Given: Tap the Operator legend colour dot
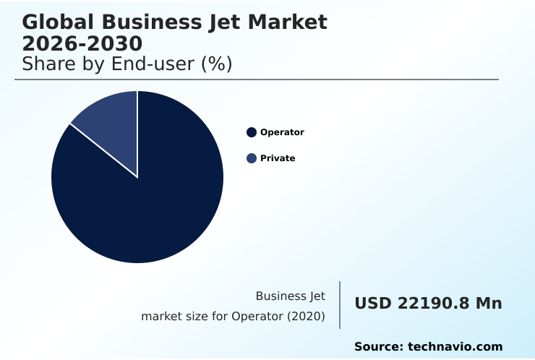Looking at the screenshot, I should (x=252, y=132).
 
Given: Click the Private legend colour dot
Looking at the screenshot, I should (x=252, y=158).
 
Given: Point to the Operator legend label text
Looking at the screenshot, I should (x=282, y=132).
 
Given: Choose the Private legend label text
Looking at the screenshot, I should (x=278, y=158).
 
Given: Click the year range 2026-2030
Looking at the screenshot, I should (x=82, y=43).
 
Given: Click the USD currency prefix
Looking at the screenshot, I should (x=373, y=304).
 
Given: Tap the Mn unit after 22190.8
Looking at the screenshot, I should (x=488, y=304).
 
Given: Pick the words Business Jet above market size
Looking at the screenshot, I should (x=290, y=296).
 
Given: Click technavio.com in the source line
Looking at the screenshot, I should (x=455, y=347).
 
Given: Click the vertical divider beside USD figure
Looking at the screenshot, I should (x=340, y=305).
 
